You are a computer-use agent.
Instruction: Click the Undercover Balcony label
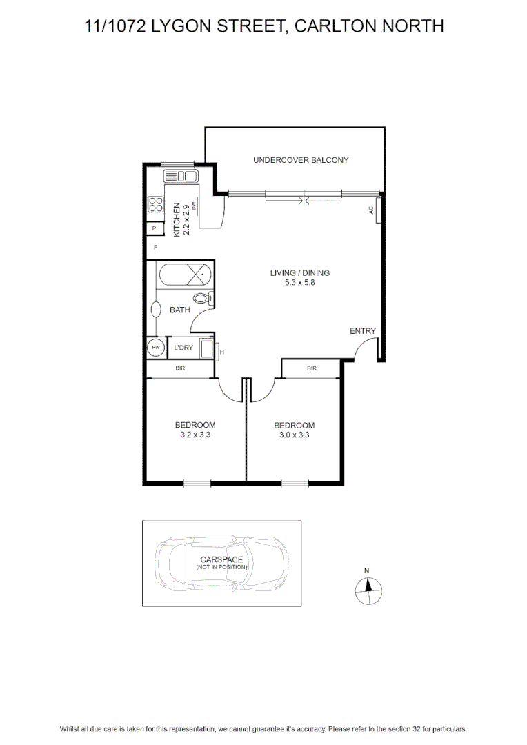301,160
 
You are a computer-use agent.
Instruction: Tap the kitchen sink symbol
181,177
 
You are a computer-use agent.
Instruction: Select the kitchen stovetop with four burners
155,204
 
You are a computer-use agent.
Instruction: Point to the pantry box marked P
154,228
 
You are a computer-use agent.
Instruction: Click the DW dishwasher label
193,206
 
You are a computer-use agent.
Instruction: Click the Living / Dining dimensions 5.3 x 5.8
300,283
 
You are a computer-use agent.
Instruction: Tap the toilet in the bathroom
202,299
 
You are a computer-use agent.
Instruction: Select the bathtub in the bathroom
186,275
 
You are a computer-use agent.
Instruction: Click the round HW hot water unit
155,348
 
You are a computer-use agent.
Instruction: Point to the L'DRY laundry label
183,348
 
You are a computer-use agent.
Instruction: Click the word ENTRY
363,330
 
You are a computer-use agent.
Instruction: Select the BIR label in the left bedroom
180,368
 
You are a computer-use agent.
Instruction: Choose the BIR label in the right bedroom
312,368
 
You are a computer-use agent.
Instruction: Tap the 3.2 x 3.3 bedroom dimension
195,435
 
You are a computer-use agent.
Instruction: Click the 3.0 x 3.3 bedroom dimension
294,435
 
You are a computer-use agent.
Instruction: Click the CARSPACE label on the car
221,559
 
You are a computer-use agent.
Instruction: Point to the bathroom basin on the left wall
156,310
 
